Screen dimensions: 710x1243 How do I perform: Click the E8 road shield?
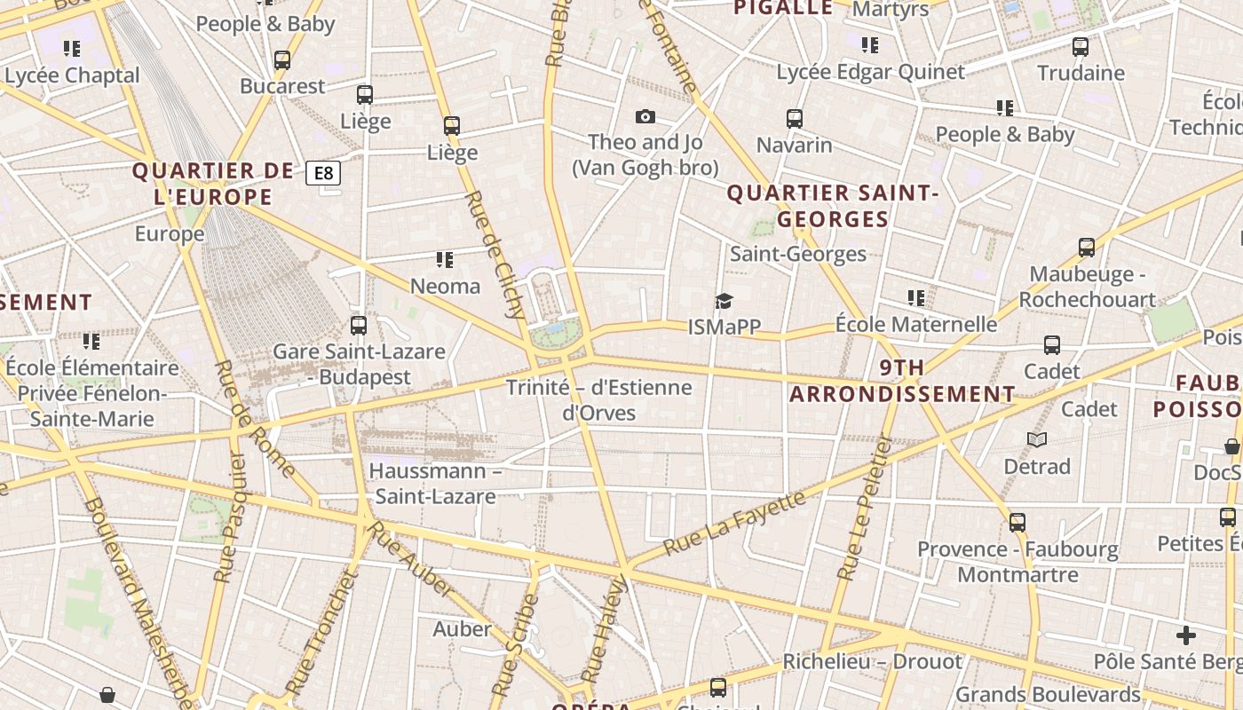[x=323, y=173]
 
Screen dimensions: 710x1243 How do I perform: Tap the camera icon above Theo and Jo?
[x=645, y=116]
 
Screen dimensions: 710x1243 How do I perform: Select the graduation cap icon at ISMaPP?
[x=724, y=302]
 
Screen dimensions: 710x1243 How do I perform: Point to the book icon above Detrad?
[x=1036, y=439]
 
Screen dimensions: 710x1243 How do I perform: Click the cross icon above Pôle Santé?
[x=1185, y=635]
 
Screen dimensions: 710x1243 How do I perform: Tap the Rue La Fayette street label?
[x=734, y=523]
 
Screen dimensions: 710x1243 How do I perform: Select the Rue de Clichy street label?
[x=495, y=254]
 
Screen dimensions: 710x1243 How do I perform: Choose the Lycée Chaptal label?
[x=73, y=75]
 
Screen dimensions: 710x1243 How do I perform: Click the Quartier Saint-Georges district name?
[x=832, y=206]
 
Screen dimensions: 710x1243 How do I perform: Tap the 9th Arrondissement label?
[x=903, y=381]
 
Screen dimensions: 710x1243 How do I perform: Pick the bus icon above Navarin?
[x=794, y=118]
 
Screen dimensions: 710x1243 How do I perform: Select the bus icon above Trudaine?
[x=1080, y=47]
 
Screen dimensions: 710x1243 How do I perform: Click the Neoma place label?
[x=445, y=286]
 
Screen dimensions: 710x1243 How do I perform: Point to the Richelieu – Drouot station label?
[x=872, y=662]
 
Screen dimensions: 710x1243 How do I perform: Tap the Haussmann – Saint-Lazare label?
[x=435, y=483]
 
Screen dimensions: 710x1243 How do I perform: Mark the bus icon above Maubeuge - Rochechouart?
[x=1086, y=248]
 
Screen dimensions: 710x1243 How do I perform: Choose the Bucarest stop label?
[x=282, y=86]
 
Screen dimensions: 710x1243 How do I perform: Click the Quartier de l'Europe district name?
[x=213, y=184]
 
